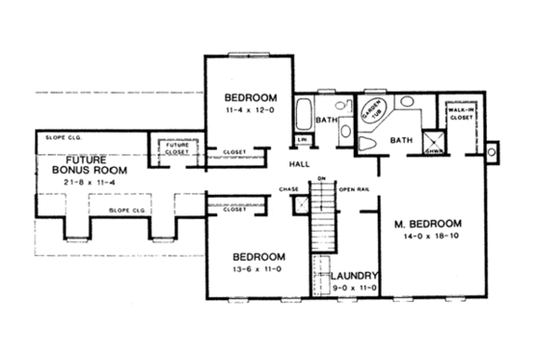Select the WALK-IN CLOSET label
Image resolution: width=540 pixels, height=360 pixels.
point(459,117)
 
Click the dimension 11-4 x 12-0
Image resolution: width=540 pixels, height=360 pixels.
point(251,112)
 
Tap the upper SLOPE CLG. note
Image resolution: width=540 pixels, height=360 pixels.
point(62,139)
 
